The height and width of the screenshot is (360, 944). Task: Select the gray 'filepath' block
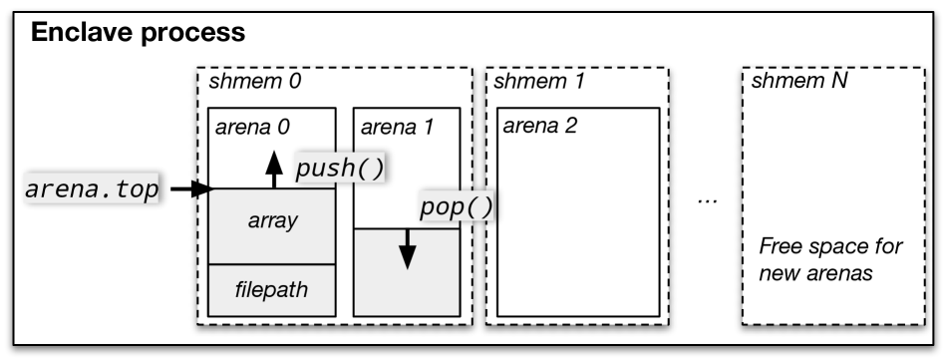click(271, 290)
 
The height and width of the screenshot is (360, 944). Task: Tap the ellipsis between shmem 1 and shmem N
click(708, 199)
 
